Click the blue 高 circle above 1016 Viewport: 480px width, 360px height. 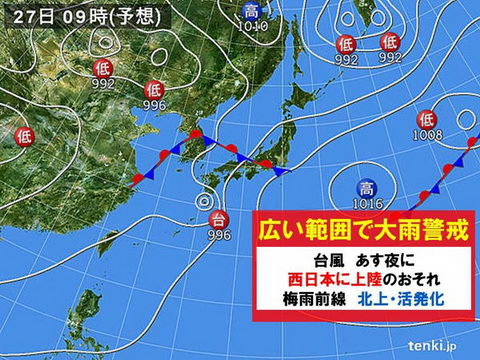[365, 186]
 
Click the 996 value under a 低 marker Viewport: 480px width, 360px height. [153, 105]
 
